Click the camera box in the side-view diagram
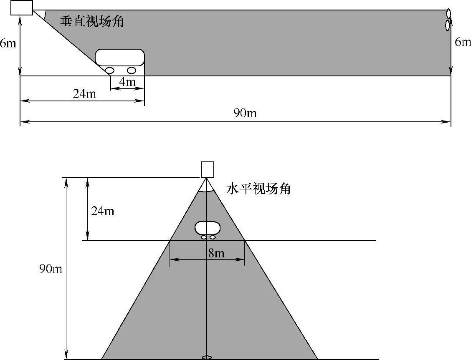[x=22, y=8]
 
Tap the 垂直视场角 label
[x=91, y=21]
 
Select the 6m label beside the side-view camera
[x=8, y=43]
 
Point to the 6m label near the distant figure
[x=462, y=42]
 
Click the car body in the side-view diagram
[x=120, y=57]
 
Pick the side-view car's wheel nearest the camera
[x=110, y=70]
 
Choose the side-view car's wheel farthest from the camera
[x=132, y=70]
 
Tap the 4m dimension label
[x=127, y=82]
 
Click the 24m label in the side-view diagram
[x=84, y=94]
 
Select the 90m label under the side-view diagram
[x=245, y=113]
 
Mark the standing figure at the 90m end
[x=448, y=20]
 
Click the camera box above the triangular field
[x=207, y=169]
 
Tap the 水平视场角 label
[x=258, y=189]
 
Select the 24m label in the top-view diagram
[x=102, y=211]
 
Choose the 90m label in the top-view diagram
[x=51, y=269]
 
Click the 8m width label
[x=216, y=253]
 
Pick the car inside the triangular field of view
[x=207, y=229]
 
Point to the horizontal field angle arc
[x=207, y=190]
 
